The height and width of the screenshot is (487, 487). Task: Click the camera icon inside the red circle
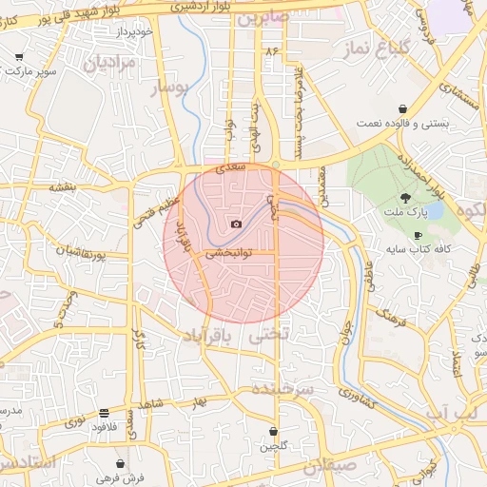[236, 224]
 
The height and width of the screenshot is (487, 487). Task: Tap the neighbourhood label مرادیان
[112, 63]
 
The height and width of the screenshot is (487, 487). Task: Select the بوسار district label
[172, 88]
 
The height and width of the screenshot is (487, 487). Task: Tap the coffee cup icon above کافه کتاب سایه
[418, 235]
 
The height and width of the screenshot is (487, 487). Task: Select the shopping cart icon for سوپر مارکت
[19, 57]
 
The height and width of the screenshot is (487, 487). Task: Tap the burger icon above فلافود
[103, 413]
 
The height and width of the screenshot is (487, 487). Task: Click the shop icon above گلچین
[273, 432]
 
